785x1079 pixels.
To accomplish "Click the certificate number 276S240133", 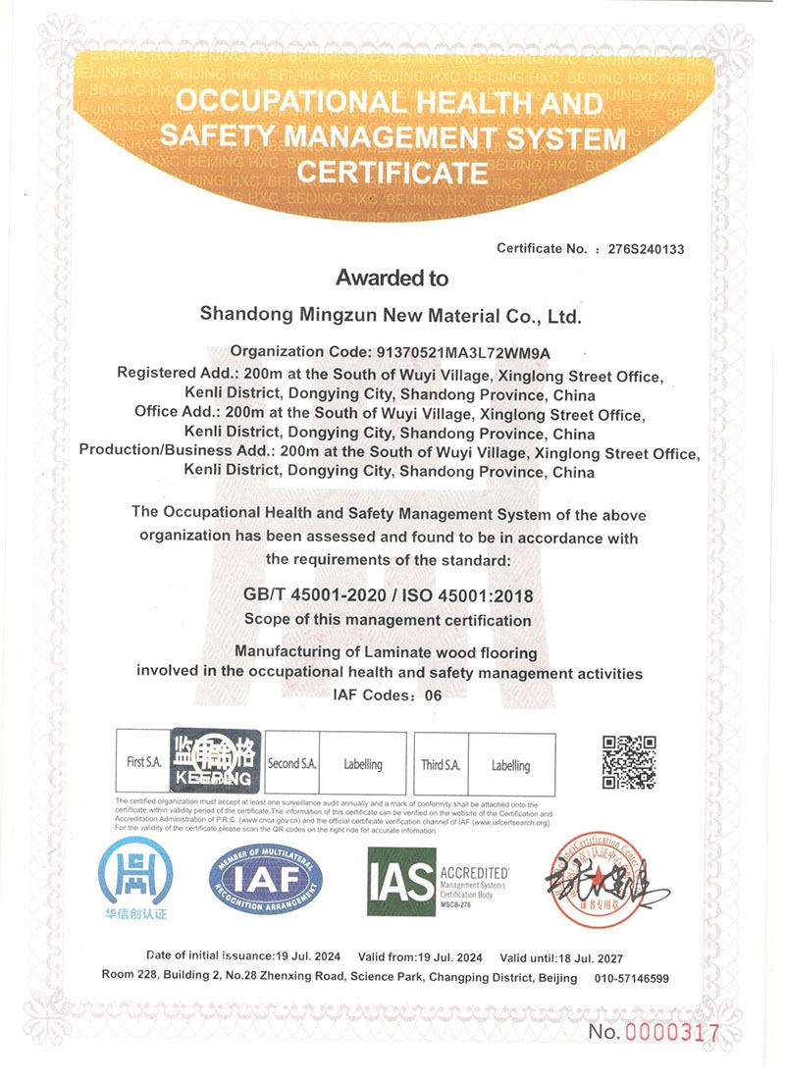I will click(646, 249).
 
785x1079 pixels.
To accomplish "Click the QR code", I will click(628, 762).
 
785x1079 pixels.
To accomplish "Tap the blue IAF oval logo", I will click(266, 879).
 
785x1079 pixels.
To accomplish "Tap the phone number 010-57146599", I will click(633, 978).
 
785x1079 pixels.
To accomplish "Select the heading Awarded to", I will click(392, 279).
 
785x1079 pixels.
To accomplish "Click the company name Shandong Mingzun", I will click(391, 316).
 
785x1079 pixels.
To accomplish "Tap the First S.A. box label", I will click(143, 762).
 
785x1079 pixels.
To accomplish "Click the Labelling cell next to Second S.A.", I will click(363, 764).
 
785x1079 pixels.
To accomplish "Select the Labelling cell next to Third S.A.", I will click(510, 765).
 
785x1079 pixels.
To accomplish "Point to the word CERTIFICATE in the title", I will click(392, 174).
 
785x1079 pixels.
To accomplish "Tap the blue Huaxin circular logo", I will click(133, 879).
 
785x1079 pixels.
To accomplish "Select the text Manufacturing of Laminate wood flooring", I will click(391, 652).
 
